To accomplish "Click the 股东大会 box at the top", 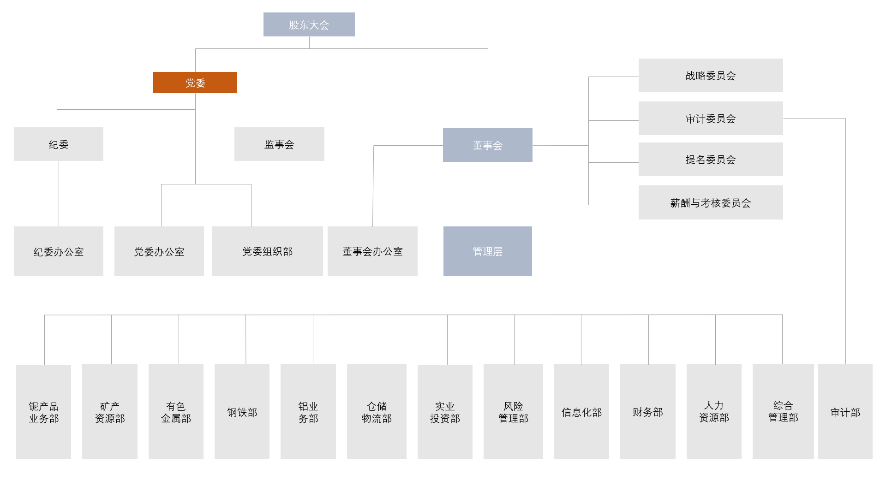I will pyautogui.click(x=309, y=24).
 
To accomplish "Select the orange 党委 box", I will pyautogui.click(x=195, y=83).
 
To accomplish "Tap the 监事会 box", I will pyautogui.click(x=279, y=144).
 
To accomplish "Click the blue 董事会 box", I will pyautogui.click(x=487, y=145).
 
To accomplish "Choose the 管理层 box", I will pyautogui.click(x=487, y=251).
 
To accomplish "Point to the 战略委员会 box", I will pyautogui.click(x=710, y=76).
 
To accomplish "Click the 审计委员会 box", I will pyautogui.click(x=710, y=119).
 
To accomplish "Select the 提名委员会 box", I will pyautogui.click(x=710, y=160).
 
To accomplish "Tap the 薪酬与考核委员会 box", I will pyautogui.click(x=710, y=203).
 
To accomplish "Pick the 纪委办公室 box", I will pyautogui.click(x=59, y=252).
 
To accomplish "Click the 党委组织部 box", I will pyautogui.click(x=267, y=251).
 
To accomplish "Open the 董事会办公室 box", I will pyautogui.click(x=372, y=251).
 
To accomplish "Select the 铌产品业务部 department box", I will pyautogui.click(x=44, y=412).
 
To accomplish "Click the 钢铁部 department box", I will pyautogui.click(x=242, y=412).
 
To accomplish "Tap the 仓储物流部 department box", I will pyautogui.click(x=377, y=412).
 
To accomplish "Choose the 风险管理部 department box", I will pyautogui.click(x=513, y=412).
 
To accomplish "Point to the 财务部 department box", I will pyautogui.click(x=647, y=412).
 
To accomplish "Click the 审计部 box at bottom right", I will pyautogui.click(x=845, y=412).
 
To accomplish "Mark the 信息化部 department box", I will pyautogui.click(x=581, y=412).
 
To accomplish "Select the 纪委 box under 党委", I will pyautogui.click(x=59, y=144).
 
